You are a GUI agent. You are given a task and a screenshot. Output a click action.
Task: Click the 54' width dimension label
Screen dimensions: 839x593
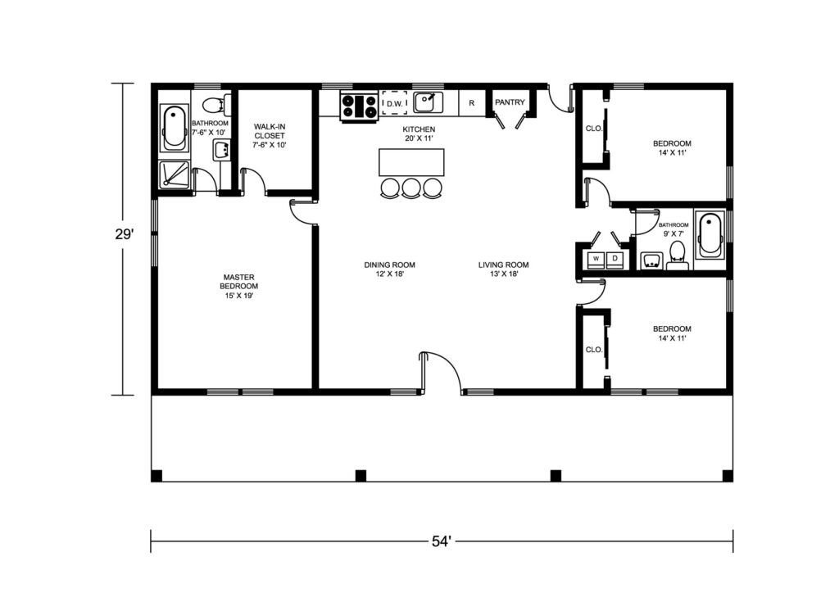tap(442, 541)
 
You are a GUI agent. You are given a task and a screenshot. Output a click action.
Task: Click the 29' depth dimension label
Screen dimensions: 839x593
tap(124, 234)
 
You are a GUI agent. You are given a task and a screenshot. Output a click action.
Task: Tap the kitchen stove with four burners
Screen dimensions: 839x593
tap(359, 106)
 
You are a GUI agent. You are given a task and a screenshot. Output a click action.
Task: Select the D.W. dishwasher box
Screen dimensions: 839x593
tap(394, 103)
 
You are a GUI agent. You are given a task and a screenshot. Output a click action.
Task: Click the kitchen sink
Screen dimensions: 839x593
tap(428, 102)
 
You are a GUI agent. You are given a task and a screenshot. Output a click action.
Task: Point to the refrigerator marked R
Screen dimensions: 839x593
tap(471, 102)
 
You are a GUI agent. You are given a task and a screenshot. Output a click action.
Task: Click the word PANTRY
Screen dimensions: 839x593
tap(510, 102)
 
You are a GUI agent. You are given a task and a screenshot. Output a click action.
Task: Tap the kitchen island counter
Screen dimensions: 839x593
tap(411, 162)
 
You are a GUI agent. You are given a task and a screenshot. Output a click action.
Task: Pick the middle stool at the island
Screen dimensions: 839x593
tap(411, 188)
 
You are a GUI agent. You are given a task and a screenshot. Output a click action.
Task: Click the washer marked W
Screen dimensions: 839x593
tap(596, 259)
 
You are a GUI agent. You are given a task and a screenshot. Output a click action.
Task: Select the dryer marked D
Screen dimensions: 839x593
tap(615, 259)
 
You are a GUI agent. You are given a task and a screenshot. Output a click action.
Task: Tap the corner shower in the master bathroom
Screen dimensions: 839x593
tap(174, 174)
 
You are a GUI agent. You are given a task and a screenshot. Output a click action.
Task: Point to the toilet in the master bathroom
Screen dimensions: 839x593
tap(218, 104)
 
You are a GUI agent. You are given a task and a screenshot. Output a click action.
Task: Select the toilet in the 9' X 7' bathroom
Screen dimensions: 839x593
tap(678, 256)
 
